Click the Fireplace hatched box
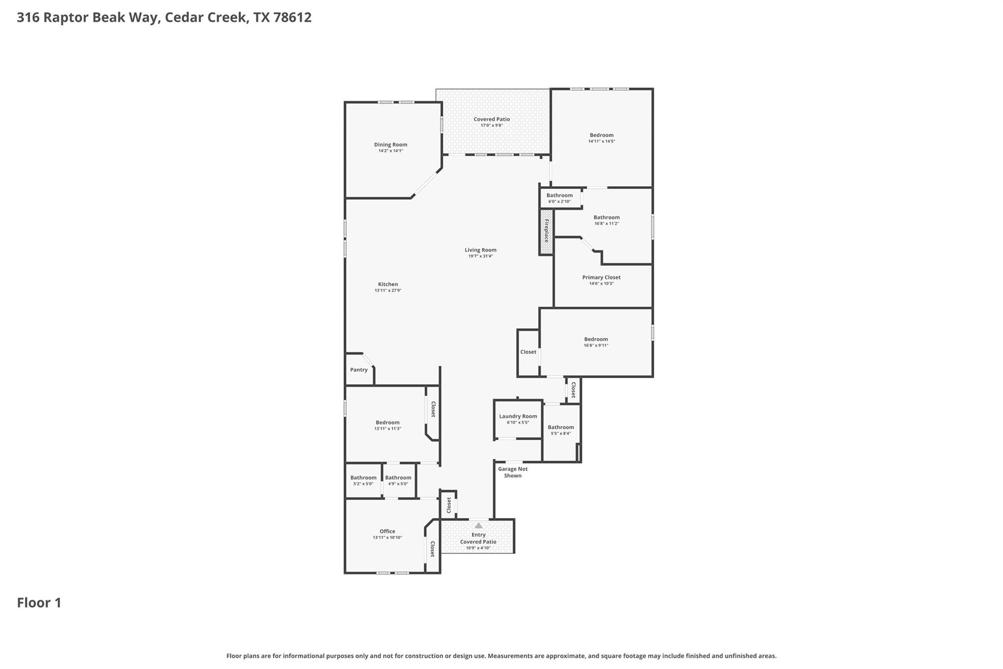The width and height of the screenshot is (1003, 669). coord(547,231)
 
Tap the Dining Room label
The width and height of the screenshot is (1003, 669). coord(390,145)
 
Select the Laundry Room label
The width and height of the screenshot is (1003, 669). coord(518,416)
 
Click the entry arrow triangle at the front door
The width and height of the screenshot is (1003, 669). coord(478,525)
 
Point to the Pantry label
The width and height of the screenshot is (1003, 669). coord(358,370)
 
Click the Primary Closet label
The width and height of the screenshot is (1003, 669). coord(601,277)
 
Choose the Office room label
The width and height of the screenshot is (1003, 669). coord(387,531)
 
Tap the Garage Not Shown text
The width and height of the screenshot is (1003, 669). coord(513,472)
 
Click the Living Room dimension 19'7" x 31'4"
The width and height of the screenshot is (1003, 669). coord(480,256)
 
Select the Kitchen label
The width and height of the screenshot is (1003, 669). coord(388,284)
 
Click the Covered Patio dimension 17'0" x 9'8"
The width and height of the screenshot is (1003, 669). coord(491,125)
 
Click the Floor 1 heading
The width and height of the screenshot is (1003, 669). coord(39,603)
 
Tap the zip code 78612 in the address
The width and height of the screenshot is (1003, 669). coord(292,17)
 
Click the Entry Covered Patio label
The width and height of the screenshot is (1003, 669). coord(478,538)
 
